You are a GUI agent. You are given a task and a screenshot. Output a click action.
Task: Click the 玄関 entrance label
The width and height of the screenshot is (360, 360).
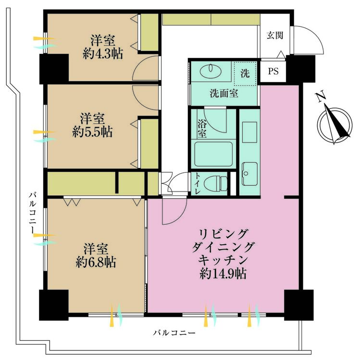coord(275,36)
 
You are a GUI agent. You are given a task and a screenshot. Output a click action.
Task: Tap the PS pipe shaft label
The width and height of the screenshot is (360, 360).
coord(273,71)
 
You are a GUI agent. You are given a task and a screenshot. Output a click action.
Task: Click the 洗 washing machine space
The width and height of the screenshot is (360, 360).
coord(245,73)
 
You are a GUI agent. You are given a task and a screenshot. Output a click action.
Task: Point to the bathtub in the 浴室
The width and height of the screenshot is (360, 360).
coord(213,154)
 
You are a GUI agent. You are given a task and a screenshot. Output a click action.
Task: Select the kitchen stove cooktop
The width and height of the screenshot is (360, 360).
coord(249,132)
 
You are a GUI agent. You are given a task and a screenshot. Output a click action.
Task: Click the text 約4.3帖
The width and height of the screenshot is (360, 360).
coord(103,54)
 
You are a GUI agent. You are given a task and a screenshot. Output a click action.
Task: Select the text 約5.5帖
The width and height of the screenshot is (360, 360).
coord(92,132)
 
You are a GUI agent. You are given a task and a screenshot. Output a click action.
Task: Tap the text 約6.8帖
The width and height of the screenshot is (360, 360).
coord(96,262)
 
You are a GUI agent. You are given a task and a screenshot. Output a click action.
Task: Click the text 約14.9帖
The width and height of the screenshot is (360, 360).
coord(223,274)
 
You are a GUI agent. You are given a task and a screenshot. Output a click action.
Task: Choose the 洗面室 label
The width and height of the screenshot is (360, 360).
coord(224,94)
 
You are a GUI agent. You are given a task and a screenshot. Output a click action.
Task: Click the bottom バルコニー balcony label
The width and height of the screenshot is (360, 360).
coord(174,333)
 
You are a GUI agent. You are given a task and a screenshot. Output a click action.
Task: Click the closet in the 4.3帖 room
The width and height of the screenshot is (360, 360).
coord(149,32)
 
